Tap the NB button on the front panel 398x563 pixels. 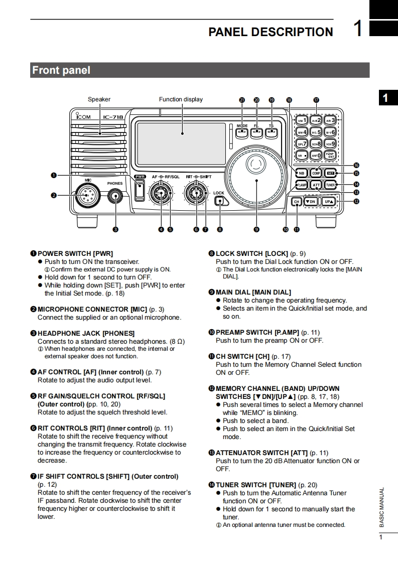pos(301,173)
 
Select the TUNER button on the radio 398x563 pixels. pos(330,185)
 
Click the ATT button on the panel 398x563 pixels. pos(316,185)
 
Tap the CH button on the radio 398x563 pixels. pos(297,202)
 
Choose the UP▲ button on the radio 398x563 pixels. pos(329,202)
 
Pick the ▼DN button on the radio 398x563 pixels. pos(311,202)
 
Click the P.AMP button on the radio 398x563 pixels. pos(301,185)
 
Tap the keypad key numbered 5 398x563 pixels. pos(316,132)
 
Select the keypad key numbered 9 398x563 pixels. pos(330,144)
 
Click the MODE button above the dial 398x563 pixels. pos(241,132)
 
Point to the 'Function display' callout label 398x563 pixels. pos(181,99)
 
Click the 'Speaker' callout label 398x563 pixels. pos(99,99)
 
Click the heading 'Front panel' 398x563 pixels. pos(61,70)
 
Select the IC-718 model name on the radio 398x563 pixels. pos(113,117)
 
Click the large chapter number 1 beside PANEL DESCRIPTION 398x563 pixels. pos(357,29)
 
